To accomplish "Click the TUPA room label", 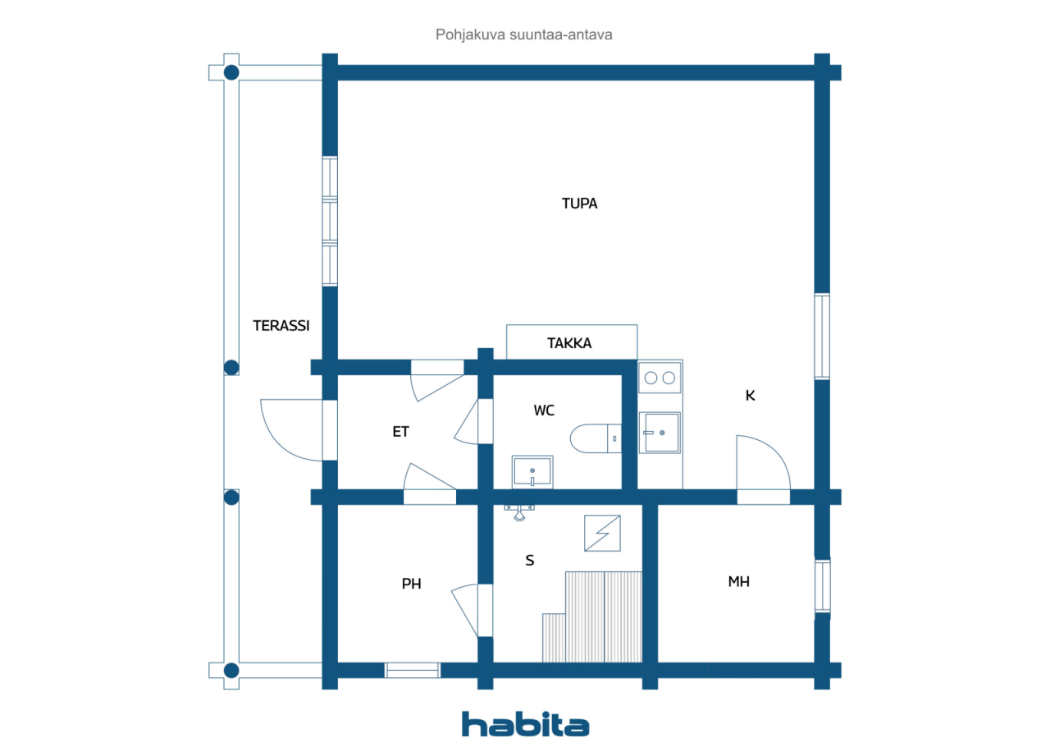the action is pyautogui.click(x=579, y=204).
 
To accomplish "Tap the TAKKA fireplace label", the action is pyautogui.click(x=569, y=343).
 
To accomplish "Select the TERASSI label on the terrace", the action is pyautogui.click(x=281, y=326).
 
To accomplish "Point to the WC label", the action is pyautogui.click(x=544, y=410).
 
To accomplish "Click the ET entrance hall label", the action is pyautogui.click(x=401, y=432).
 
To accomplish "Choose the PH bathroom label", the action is pyautogui.click(x=412, y=584).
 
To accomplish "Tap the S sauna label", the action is pyautogui.click(x=530, y=560).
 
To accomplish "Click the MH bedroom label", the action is pyautogui.click(x=739, y=581).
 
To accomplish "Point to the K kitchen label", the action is pyautogui.click(x=750, y=396).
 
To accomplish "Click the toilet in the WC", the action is pyautogui.click(x=596, y=438).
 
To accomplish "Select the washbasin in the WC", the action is pyautogui.click(x=532, y=471).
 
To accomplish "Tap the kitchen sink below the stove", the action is pyautogui.click(x=660, y=433).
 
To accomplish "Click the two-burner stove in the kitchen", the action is pyautogui.click(x=660, y=378).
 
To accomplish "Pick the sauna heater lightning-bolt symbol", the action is pyautogui.click(x=602, y=534).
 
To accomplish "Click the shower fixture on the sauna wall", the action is pyautogui.click(x=519, y=512).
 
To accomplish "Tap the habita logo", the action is pyautogui.click(x=526, y=723).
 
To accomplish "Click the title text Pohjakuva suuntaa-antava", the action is pyautogui.click(x=523, y=34).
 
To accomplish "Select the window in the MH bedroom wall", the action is pyautogui.click(x=822, y=585).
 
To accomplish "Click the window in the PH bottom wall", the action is pyautogui.click(x=413, y=670).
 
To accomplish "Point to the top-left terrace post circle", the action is pyautogui.click(x=231, y=73).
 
